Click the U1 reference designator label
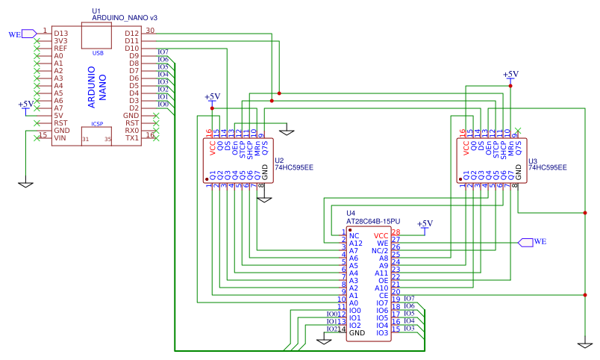96,11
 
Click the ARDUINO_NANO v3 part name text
125,18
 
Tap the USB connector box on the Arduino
97,37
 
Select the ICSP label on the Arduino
97,124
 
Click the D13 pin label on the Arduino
60,34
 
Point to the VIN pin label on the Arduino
60,138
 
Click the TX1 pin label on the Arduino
131,138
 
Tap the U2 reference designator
279,161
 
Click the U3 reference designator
532,161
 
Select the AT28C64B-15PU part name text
373,222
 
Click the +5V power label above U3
510,75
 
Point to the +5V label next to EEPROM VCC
425,224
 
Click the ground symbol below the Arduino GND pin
26,183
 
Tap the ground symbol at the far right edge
584,344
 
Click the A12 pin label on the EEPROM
356,243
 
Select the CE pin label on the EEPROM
383,296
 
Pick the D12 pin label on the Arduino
132,34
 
